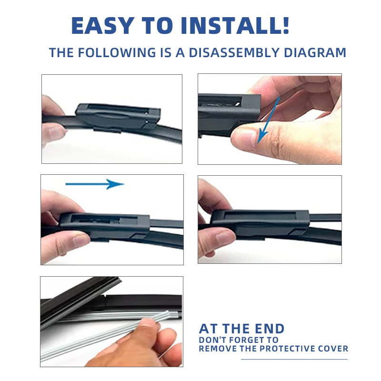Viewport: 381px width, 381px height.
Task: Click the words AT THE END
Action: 241,329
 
